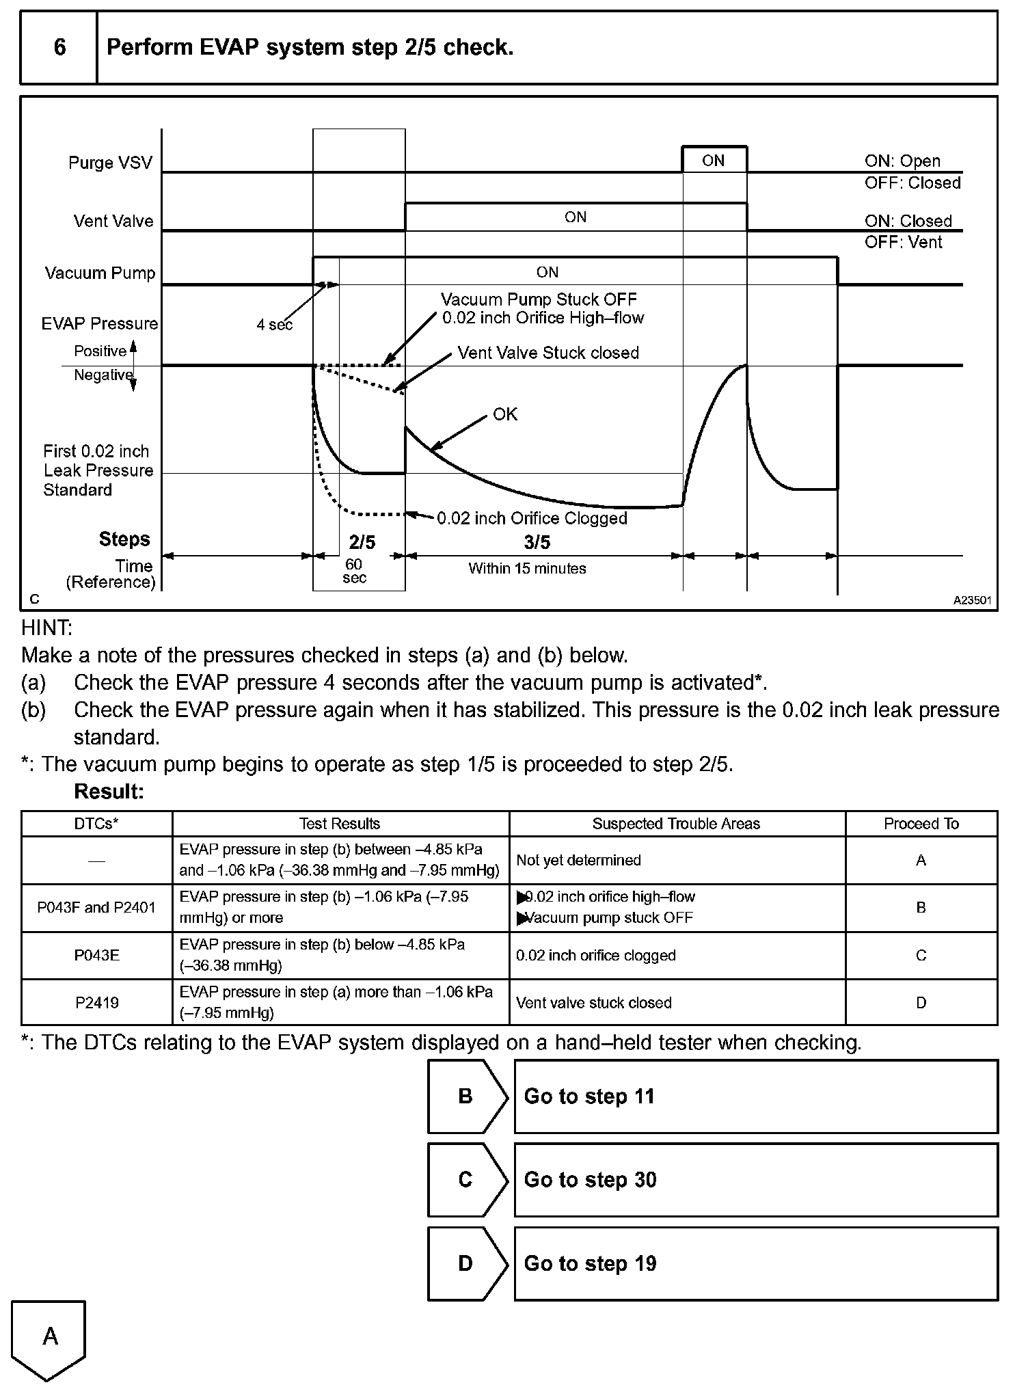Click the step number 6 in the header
click(x=59, y=47)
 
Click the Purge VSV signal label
click(x=110, y=163)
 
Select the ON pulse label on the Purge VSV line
click(x=713, y=161)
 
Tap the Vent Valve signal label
click(x=113, y=221)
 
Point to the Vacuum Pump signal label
click(x=100, y=273)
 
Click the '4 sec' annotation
click(x=274, y=325)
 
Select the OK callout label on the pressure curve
click(x=505, y=414)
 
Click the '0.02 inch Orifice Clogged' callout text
click(x=532, y=518)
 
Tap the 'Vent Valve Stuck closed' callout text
click(x=548, y=353)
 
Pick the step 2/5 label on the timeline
click(x=362, y=542)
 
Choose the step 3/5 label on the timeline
click(x=537, y=542)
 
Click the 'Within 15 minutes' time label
click(x=527, y=568)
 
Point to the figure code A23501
click(x=972, y=600)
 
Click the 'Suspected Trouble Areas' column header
click(x=676, y=824)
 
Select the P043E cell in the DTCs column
click(x=96, y=955)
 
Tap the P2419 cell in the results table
click(x=96, y=1002)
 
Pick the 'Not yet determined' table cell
click(x=578, y=860)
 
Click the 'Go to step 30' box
click(x=755, y=1180)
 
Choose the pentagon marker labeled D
click(x=466, y=1263)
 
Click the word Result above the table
click(x=109, y=792)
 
